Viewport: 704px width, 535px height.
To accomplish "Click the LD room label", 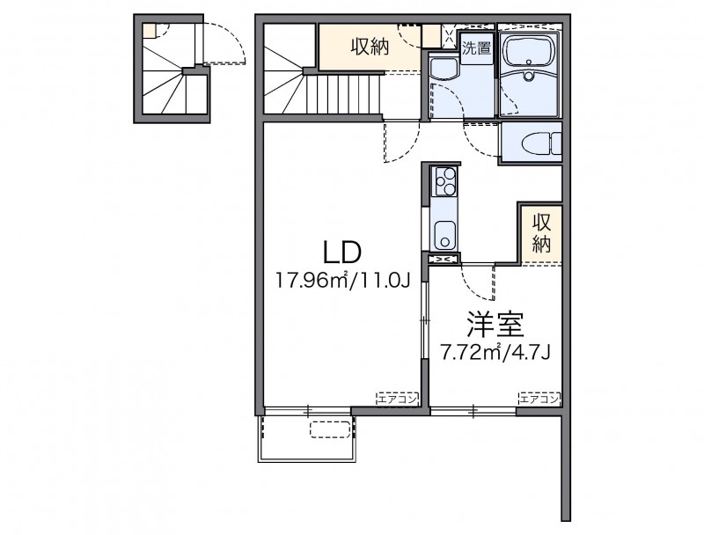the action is pyautogui.click(x=342, y=253).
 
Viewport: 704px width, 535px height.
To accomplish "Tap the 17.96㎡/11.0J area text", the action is pyautogui.click(x=343, y=281).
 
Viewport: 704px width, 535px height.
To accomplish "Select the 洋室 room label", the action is pyautogui.click(x=495, y=325).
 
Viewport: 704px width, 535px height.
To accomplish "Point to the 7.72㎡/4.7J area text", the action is pyautogui.click(x=495, y=353).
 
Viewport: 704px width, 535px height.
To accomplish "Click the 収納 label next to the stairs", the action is pyautogui.click(x=370, y=47).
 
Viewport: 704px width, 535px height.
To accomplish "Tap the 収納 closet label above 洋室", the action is pyautogui.click(x=541, y=233).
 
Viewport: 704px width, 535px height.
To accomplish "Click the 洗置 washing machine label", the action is pyautogui.click(x=477, y=48).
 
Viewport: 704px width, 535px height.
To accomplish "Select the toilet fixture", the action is pyautogui.click(x=542, y=143).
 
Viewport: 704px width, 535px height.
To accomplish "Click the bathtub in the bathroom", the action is pyautogui.click(x=531, y=52).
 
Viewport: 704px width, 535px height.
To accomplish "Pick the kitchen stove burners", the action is pyautogui.click(x=444, y=181).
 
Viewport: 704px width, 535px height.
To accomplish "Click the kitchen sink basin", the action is pyautogui.click(x=444, y=235).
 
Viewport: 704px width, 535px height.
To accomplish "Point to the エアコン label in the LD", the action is pyautogui.click(x=398, y=398).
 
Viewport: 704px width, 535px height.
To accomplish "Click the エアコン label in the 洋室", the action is pyautogui.click(x=539, y=398).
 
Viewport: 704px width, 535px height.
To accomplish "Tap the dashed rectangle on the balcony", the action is pyautogui.click(x=330, y=429).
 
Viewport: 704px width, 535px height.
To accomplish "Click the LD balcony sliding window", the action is pyautogui.click(x=307, y=411).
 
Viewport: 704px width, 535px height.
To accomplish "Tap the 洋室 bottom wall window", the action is pyautogui.click(x=473, y=411).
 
